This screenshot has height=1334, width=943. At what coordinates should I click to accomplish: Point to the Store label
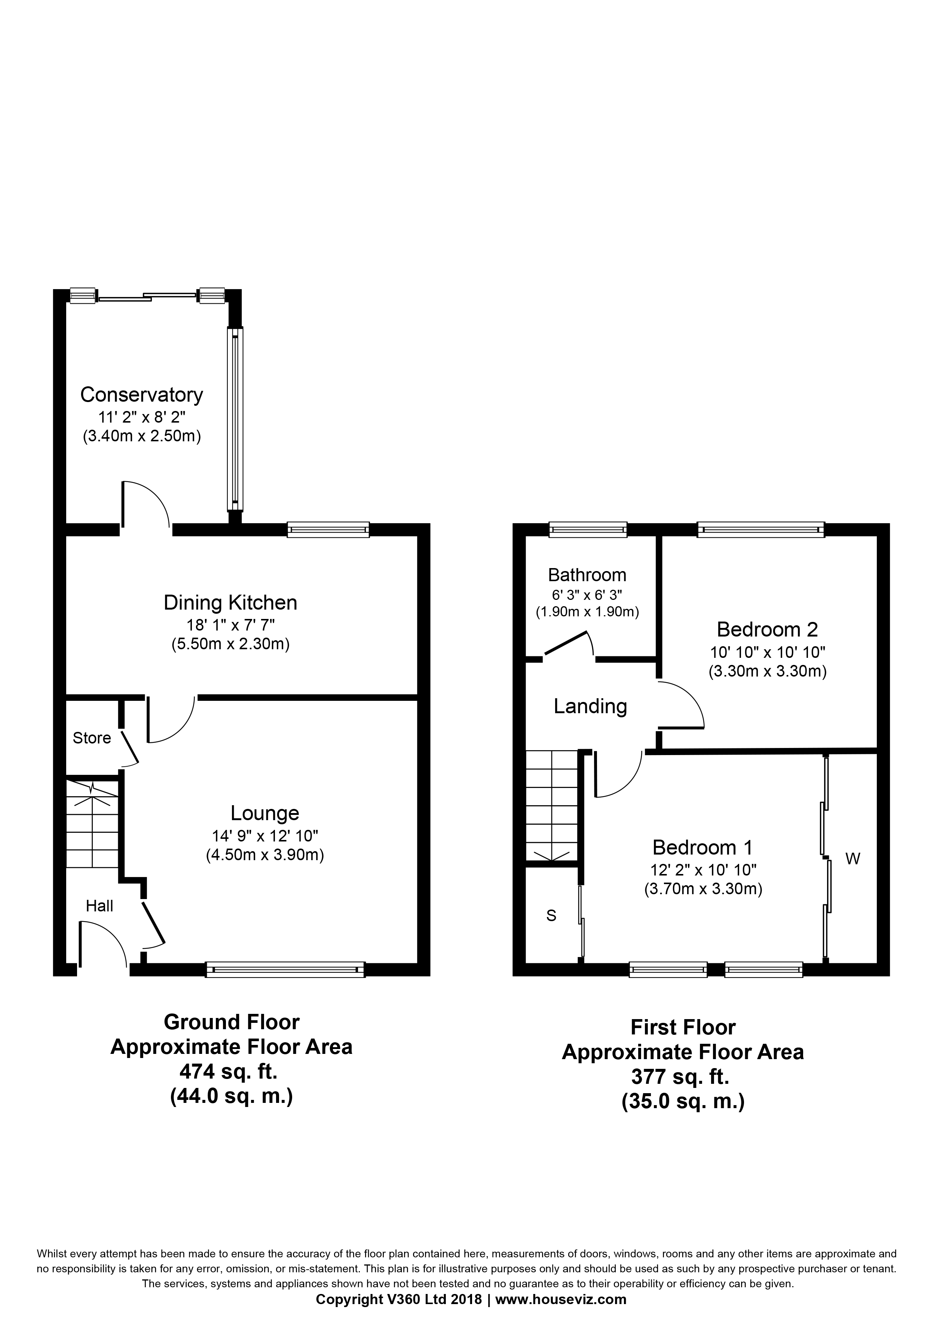tap(92, 738)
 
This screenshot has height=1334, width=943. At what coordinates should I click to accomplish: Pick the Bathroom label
tap(587, 575)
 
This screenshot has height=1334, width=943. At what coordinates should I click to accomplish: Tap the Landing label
tap(590, 706)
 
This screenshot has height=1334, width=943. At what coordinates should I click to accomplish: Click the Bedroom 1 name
tap(702, 848)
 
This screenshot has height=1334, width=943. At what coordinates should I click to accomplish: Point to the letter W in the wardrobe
tap(852, 859)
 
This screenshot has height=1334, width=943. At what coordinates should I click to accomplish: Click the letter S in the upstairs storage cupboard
tap(551, 916)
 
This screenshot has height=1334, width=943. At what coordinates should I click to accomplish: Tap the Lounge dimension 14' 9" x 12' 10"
tap(265, 836)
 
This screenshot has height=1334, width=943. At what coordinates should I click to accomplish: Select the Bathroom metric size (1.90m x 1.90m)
tap(587, 612)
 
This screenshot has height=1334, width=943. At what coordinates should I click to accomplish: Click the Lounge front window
tap(285, 970)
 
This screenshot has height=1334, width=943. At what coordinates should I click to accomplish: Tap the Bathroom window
tap(588, 529)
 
